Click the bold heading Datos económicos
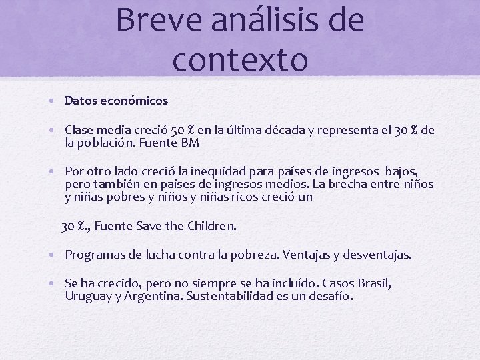[116, 101]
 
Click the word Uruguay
[88, 297]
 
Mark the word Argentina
[154, 297]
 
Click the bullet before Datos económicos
[51, 101]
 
